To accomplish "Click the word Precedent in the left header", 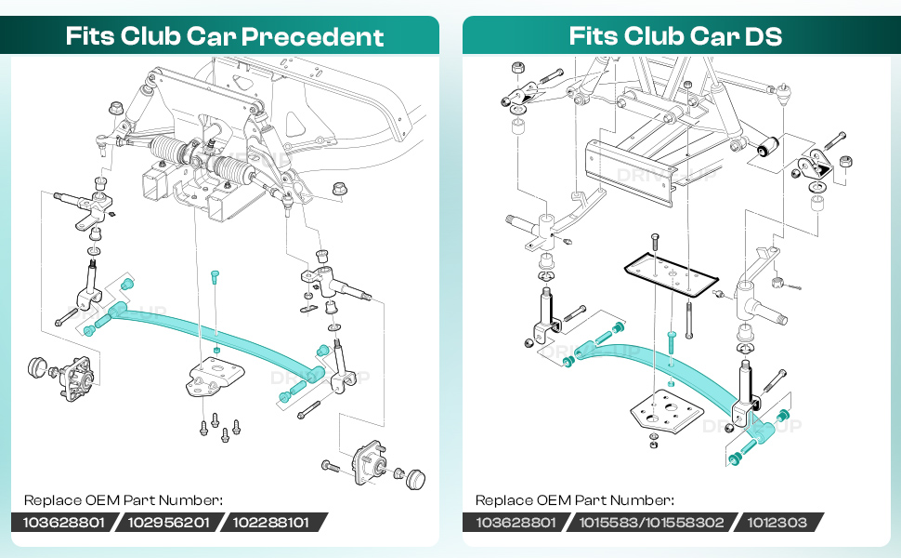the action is click(313, 36).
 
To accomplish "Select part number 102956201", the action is click(168, 523).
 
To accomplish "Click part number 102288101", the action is click(270, 523).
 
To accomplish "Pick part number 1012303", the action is click(777, 523).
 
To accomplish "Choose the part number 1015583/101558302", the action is click(651, 523).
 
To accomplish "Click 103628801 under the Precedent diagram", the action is click(64, 523).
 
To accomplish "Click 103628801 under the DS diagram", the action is click(516, 523).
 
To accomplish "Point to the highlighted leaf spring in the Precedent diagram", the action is click(213, 339).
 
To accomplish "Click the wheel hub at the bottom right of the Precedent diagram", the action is click(369, 461).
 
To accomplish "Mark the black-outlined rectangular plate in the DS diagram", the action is click(672, 276).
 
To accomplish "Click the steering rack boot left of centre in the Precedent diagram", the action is click(168, 150).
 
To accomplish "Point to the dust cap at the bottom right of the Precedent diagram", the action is click(415, 479).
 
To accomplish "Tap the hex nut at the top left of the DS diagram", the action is click(517, 67).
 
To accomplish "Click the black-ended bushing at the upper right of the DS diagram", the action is click(767, 146).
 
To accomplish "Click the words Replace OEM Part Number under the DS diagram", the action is click(575, 500).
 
